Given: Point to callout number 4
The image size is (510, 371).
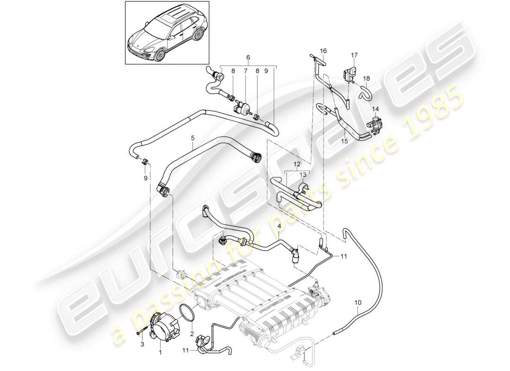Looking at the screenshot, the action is (x=279, y=226).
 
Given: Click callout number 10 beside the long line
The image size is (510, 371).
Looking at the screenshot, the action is (x=357, y=303).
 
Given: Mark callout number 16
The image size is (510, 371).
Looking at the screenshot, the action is (x=323, y=50).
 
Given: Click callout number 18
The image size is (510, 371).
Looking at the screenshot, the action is (x=367, y=78).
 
